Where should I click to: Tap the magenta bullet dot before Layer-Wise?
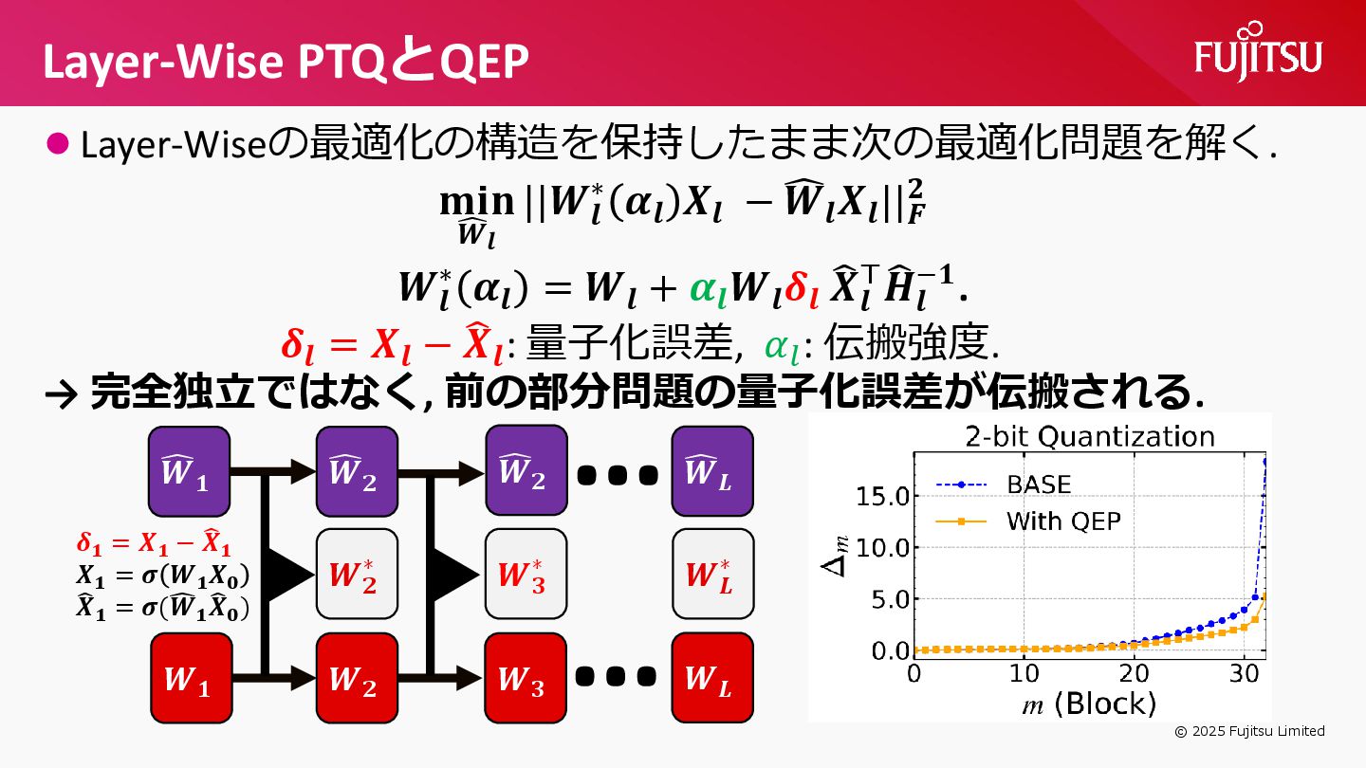click(x=59, y=144)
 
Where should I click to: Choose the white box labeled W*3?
click(x=526, y=574)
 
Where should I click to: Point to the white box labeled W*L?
click(x=711, y=574)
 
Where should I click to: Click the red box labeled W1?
click(x=190, y=677)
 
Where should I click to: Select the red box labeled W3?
click(x=526, y=677)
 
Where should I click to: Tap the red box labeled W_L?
click(x=711, y=677)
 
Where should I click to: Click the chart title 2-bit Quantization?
click(x=1089, y=436)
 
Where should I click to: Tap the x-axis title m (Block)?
click(x=1089, y=704)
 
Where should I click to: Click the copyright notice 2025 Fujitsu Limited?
click(x=1249, y=731)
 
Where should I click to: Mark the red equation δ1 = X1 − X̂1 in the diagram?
click(x=154, y=545)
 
